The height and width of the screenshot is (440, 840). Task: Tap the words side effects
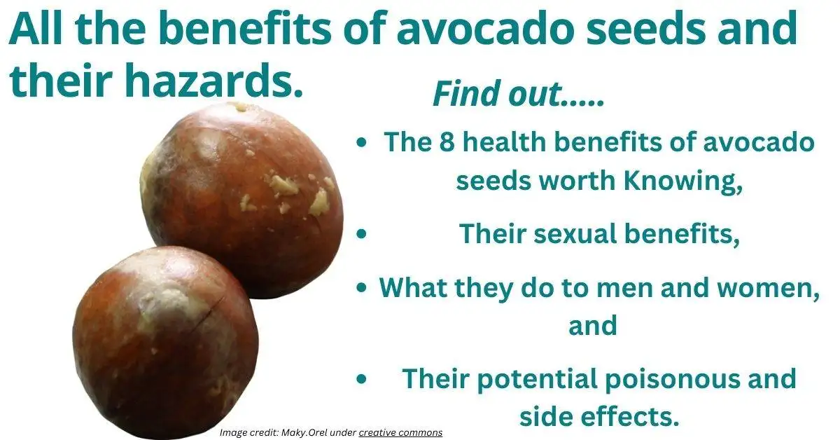pyautogui.click(x=598, y=416)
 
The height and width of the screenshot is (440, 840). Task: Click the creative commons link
pyautogui.click(x=400, y=432)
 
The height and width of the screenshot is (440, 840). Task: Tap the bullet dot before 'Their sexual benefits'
pyautogui.click(x=361, y=235)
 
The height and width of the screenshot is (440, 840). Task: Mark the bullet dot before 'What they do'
pyautogui.click(x=361, y=288)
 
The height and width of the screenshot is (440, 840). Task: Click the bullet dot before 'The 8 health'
pyautogui.click(x=361, y=143)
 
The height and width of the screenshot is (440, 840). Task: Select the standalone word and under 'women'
pyautogui.click(x=592, y=325)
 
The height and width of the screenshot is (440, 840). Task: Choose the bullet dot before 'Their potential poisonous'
pyautogui.click(x=361, y=379)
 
